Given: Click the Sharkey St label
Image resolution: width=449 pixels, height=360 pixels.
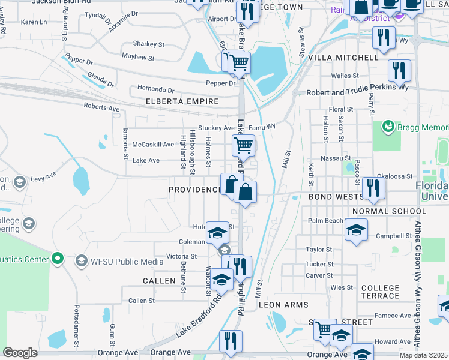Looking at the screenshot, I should click(148, 44).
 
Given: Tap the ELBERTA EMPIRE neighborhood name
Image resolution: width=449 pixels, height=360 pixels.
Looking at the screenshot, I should click(182, 101).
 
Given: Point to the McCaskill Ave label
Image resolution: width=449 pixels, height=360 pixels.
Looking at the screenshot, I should click(154, 145).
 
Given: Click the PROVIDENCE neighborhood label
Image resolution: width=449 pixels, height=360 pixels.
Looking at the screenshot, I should click(194, 190).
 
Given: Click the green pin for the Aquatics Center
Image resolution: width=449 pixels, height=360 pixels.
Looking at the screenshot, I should click(58, 259).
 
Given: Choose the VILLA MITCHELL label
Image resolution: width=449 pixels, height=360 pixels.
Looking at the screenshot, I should click(343, 58).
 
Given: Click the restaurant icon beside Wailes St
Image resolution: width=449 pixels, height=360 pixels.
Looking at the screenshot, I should click(399, 71).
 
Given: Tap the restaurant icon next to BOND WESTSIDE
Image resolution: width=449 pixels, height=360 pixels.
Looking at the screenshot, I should click(373, 188).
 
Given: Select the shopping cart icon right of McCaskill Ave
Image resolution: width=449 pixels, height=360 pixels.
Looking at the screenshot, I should click(243, 145).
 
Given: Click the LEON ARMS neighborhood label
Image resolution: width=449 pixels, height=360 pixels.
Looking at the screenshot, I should click(283, 305).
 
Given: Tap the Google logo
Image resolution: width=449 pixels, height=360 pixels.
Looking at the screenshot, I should click(20, 353).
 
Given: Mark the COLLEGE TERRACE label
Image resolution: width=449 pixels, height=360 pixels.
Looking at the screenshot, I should click(380, 292).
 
